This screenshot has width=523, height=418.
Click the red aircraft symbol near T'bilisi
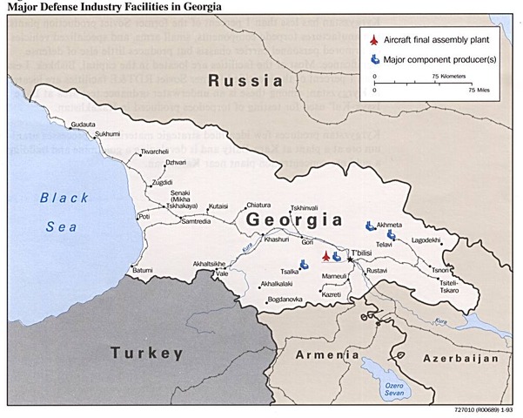(x=326, y=256)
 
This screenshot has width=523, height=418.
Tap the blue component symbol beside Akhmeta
(x=371, y=224)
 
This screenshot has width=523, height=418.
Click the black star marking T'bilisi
(x=351, y=259)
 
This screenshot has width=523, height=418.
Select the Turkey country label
(x=146, y=353)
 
